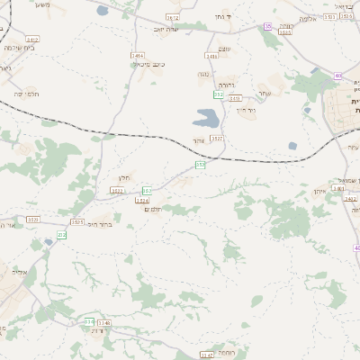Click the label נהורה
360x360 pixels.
232,87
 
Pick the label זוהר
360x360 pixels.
197,140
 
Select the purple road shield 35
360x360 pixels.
268,26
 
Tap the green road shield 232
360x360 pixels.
62,235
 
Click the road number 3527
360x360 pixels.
216,139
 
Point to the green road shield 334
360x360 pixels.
88,321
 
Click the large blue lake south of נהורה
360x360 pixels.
205,117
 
